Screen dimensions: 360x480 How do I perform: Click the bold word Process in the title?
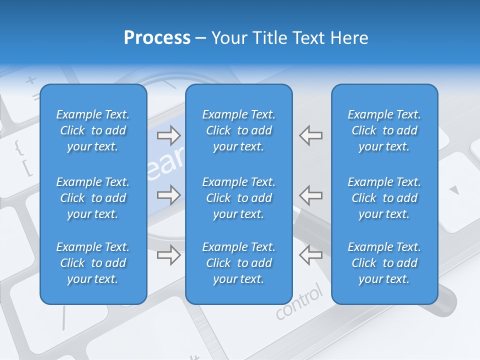(157, 38)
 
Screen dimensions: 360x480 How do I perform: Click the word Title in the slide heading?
(271, 38)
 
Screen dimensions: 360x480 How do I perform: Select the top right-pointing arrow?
(169, 135)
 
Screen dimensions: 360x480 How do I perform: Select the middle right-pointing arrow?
(169, 194)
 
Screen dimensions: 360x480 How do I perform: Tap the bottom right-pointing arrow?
(169, 255)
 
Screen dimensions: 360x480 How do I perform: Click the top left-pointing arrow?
(311, 135)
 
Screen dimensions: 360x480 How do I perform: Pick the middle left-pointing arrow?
(311, 194)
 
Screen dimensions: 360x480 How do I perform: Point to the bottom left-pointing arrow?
(311, 255)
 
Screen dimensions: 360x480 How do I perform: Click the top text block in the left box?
(93, 130)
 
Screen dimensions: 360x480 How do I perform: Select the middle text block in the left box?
(93, 198)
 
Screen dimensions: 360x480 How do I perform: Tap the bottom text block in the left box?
(93, 263)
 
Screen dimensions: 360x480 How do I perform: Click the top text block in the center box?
(238, 130)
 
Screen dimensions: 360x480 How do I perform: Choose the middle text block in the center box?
(238, 198)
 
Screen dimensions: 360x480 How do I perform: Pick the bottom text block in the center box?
(238, 263)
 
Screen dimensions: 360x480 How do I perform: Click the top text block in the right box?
(384, 130)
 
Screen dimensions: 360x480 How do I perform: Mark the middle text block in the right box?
(384, 198)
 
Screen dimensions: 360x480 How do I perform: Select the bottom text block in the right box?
(384, 263)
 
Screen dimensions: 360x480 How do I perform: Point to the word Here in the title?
(349, 38)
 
